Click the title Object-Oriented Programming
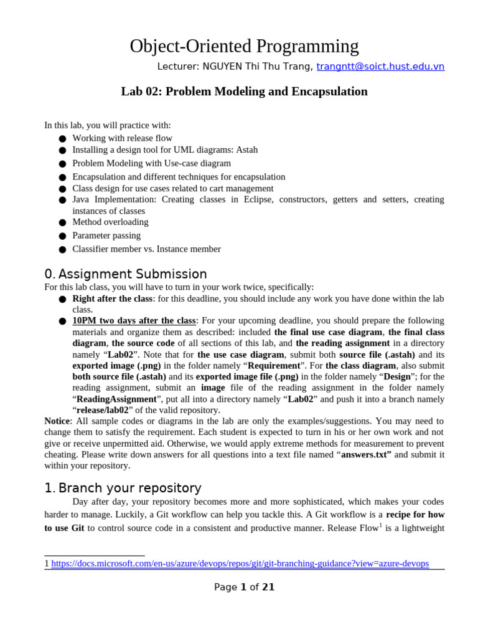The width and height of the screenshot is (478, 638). point(244,46)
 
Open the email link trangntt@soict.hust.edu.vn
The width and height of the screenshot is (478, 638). point(380,67)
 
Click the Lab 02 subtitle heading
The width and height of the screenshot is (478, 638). point(244,92)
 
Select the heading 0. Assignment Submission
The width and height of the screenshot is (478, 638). point(126,274)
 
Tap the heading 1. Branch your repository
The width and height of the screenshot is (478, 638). point(123,488)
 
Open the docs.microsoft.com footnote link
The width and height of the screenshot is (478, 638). point(240,563)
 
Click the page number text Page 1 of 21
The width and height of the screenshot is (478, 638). point(244,587)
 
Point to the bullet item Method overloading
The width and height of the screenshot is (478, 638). point(110,222)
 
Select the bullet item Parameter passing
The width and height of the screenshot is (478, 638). point(106,236)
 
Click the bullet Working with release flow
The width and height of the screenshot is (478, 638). point(122,138)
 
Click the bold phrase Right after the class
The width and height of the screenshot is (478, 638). point(112,298)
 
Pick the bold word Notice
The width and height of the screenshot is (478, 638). point(57,421)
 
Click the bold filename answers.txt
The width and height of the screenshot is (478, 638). point(365,454)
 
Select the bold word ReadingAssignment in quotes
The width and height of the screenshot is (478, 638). point(116,399)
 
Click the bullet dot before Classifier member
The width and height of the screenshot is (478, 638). point(62,250)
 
